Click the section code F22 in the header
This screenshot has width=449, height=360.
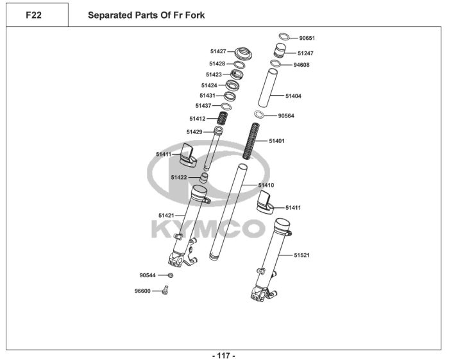tap(33, 15)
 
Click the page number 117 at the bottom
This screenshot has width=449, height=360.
tap(224, 355)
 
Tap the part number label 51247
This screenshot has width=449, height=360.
tap(305, 53)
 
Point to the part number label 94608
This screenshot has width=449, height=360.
tap(301, 65)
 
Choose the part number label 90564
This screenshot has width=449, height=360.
tap(286, 116)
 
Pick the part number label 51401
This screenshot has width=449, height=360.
tap(276, 141)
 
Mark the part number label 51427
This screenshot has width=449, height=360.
tap(218, 51)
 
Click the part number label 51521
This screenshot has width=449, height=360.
tap(302, 255)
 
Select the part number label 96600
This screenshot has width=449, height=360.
tap(142, 290)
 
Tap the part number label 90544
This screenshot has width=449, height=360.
tap(148, 275)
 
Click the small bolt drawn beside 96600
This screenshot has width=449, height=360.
tap(165, 290)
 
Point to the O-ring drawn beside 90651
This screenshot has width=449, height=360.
tap(284, 37)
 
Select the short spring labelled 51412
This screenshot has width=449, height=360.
tap(223, 118)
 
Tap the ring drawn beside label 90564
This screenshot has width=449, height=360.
tap(259, 115)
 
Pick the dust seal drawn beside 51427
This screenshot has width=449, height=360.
tap(242, 51)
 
